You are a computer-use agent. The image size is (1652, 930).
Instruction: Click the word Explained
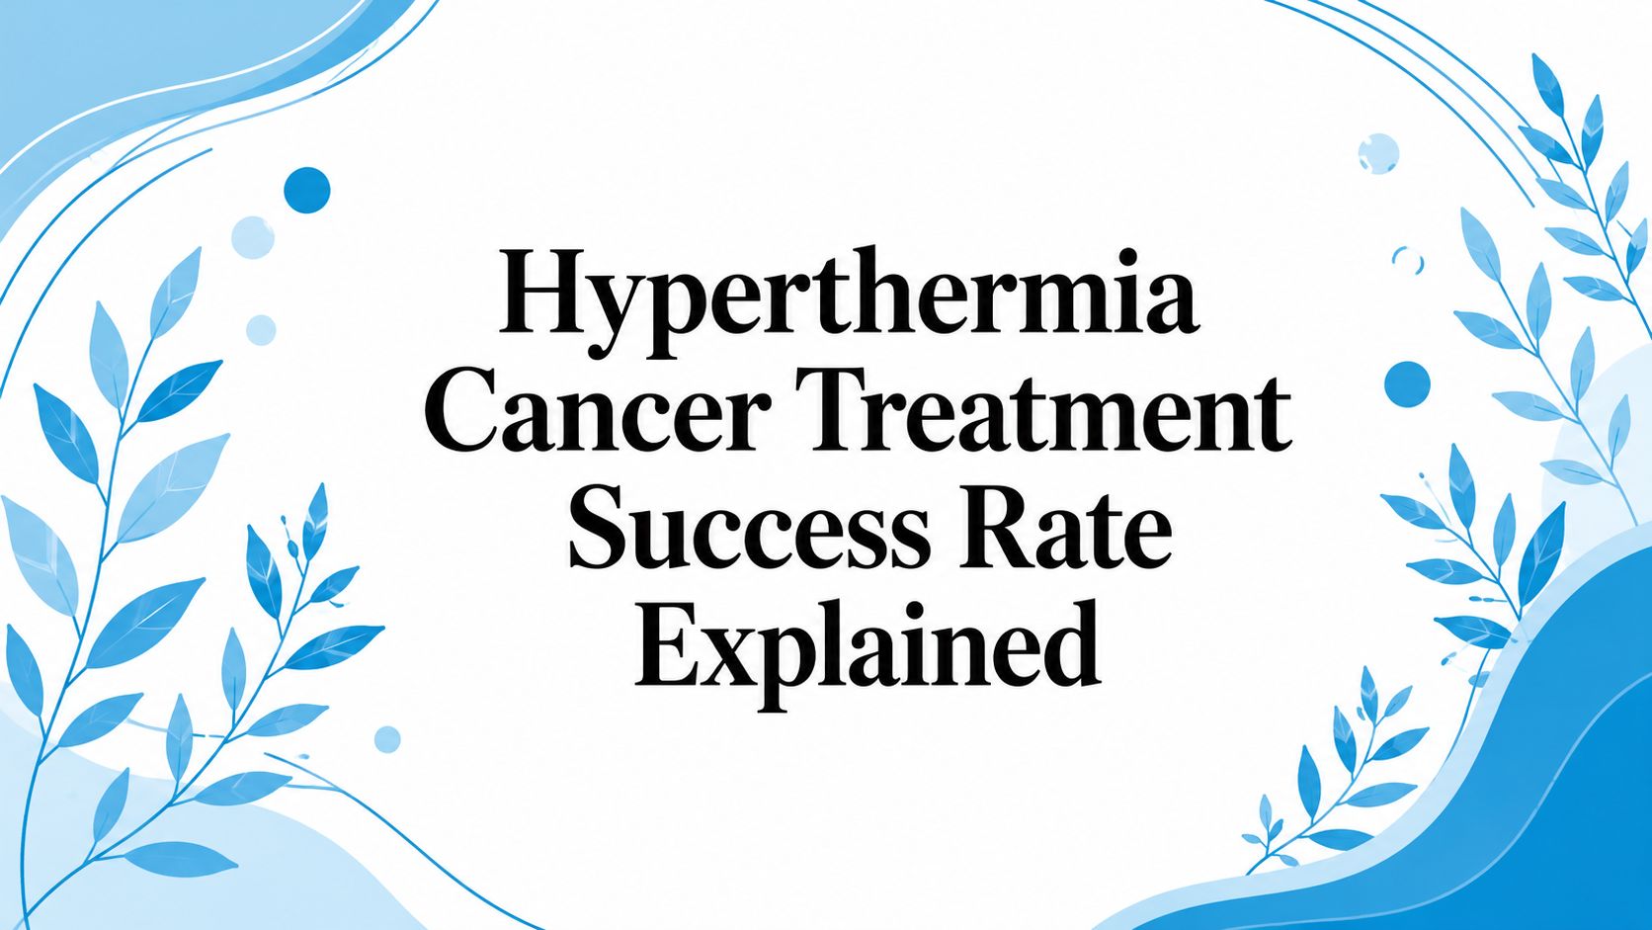point(867,649)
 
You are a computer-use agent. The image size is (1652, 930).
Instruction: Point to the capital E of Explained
point(670,646)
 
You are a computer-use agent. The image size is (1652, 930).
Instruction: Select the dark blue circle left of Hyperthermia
point(307,191)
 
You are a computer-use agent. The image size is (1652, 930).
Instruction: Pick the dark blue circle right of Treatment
point(1407,384)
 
